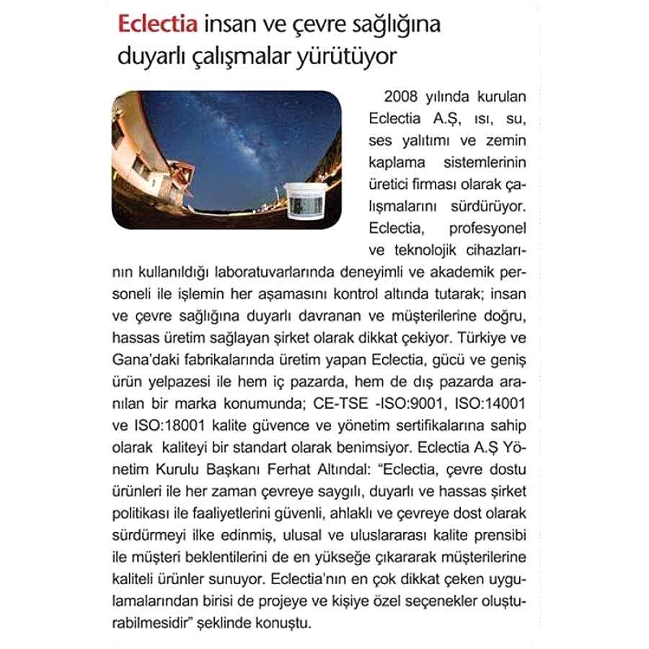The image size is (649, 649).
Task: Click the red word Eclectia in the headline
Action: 158,27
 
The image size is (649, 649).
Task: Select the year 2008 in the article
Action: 399,97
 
